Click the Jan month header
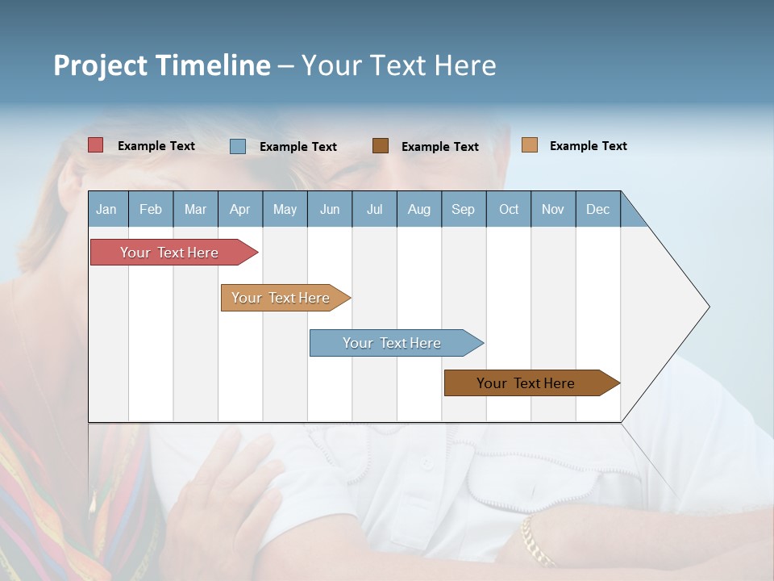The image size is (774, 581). pos(106,209)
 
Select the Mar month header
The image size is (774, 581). pos(195,209)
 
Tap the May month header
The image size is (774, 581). pos(285,209)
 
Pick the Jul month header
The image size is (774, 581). pos(374,209)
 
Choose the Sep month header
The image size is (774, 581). pos(463,209)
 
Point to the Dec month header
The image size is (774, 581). pos(597,209)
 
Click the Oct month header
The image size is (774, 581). pos(509,209)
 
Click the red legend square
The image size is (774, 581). pos(96,145)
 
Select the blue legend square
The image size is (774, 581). pos(238,146)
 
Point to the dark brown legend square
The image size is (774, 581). pos(381,145)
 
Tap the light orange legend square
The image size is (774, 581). pos(529,145)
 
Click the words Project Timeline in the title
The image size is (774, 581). pos(162,65)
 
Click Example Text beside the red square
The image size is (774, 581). pos(156,146)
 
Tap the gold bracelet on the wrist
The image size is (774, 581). pos(536,541)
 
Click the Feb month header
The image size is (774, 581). pos(151,209)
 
